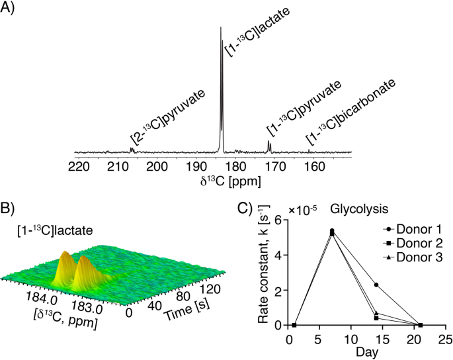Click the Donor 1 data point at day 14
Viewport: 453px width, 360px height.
coord(376,285)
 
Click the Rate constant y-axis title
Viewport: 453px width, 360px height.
coord(261,271)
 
